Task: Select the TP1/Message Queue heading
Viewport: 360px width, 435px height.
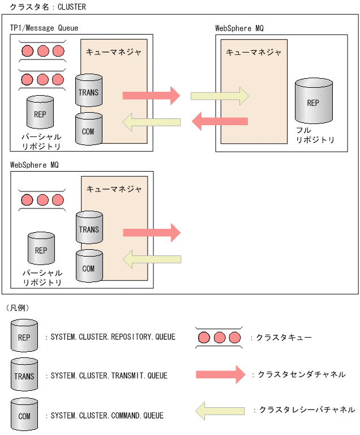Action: click(x=44, y=28)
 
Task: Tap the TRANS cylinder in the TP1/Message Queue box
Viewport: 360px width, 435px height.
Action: click(x=89, y=90)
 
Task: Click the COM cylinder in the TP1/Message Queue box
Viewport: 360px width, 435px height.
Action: click(x=88, y=130)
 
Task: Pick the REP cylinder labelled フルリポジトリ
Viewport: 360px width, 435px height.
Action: click(x=312, y=101)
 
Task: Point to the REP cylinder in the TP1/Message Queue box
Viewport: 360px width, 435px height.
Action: click(x=40, y=112)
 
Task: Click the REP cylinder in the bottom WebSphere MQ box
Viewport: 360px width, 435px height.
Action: click(x=41, y=249)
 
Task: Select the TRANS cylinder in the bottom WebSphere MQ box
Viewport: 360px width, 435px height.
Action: click(x=89, y=228)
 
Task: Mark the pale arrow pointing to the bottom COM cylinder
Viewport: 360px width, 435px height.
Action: click(x=152, y=259)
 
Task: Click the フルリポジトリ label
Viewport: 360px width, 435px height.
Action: click(x=315, y=135)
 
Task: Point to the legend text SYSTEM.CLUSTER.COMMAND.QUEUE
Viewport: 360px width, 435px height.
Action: click(x=107, y=415)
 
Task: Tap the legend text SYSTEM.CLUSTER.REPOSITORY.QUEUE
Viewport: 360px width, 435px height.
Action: click(x=113, y=337)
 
